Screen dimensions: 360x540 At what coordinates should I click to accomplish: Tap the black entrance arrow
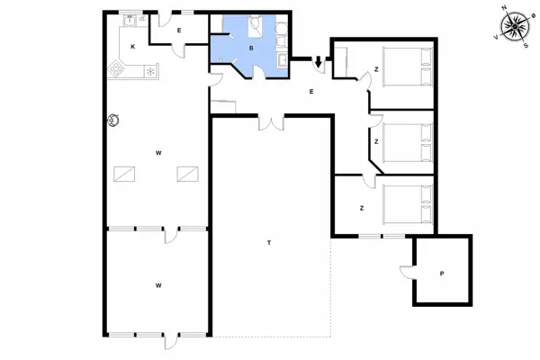click(318, 61)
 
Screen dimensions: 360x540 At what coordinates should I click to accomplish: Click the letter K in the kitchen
click(133, 45)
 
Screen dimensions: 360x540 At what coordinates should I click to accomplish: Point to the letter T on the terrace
click(269, 243)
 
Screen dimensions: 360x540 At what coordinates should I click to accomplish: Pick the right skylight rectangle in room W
click(187, 173)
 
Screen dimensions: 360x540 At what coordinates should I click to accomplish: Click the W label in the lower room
click(158, 285)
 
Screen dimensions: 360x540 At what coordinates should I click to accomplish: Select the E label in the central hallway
click(311, 91)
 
